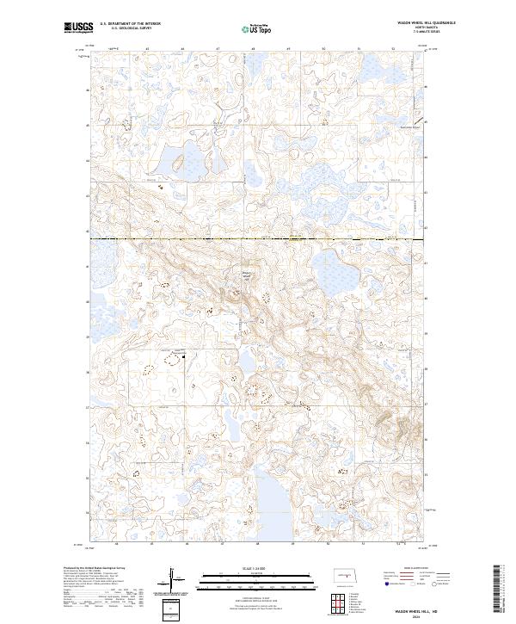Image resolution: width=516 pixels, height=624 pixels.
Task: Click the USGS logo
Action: click(78, 28)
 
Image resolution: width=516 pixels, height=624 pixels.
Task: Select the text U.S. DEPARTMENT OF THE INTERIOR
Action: click(129, 24)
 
